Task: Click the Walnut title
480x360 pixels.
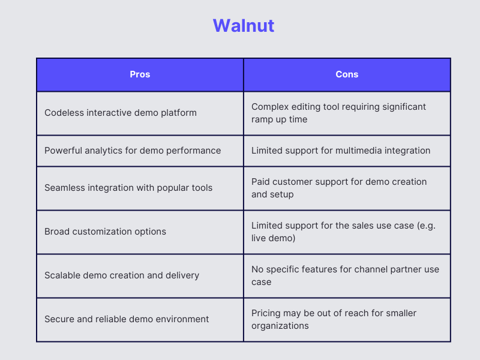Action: pos(243,26)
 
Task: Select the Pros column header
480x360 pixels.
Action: pos(140,74)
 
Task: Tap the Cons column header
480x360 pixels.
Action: pos(347,74)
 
